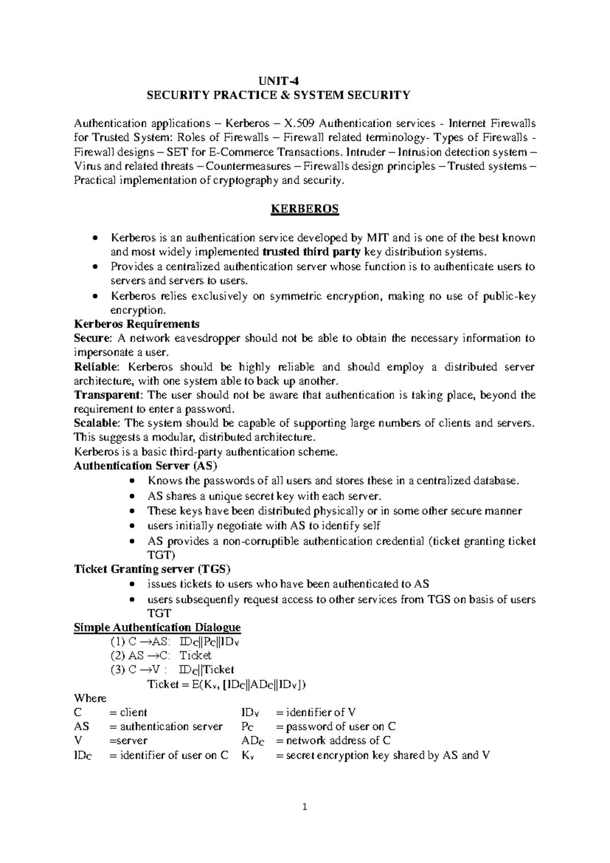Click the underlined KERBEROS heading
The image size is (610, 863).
click(x=305, y=209)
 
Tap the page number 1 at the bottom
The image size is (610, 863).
click(x=305, y=807)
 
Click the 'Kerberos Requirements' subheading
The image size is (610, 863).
click(x=137, y=324)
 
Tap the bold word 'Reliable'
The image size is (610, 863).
click(x=96, y=367)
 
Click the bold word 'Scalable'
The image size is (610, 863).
click(x=97, y=423)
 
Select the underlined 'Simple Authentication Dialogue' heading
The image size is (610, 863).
click(x=157, y=627)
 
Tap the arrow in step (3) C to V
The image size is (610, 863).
click(x=145, y=670)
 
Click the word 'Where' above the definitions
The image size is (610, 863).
click(x=90, y=698)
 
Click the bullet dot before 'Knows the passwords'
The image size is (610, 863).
click(x=132, y=481)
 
